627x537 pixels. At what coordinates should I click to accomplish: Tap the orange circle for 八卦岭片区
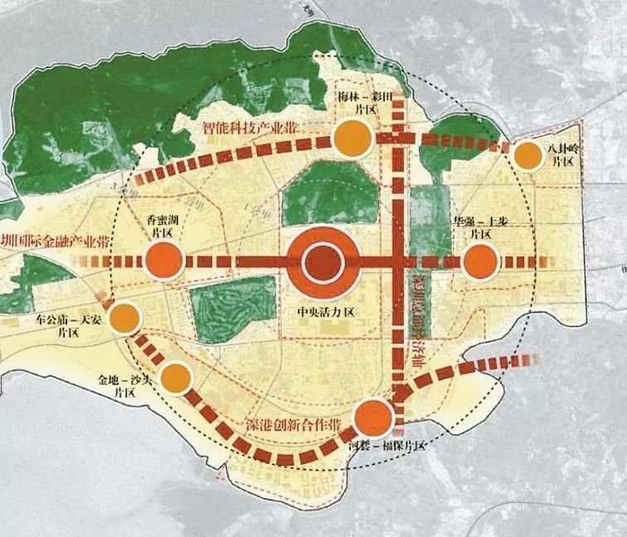(527, 155)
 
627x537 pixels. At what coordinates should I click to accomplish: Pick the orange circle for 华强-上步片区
(480, 262)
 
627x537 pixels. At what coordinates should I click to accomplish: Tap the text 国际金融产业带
(58, 242)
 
